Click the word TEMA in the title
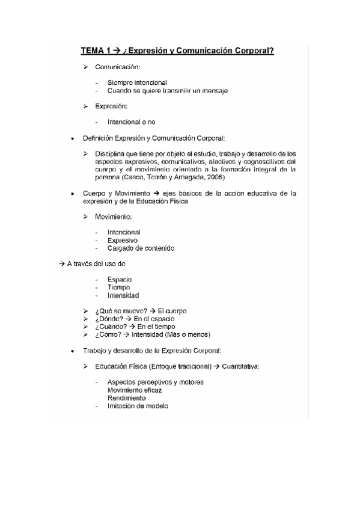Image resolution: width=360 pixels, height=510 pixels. tap(93, 51)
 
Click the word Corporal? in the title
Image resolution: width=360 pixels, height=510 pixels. tap(253, 51)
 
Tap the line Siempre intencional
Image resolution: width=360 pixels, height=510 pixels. tap(137, 82)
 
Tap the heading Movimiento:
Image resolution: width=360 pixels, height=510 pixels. tap(114, 217)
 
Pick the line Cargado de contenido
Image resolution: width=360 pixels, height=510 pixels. tap(141, 248)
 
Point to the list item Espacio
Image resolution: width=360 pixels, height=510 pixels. tap(120, 280)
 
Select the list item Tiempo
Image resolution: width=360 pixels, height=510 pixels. tap(119, 287)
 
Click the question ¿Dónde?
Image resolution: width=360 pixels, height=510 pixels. tap(109, 319)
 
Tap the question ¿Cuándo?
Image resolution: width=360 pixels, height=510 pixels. tap(111, 327)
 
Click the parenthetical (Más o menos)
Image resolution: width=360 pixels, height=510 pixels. tap(188, 334)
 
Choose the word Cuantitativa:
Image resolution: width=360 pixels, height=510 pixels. tap(237, 366)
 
